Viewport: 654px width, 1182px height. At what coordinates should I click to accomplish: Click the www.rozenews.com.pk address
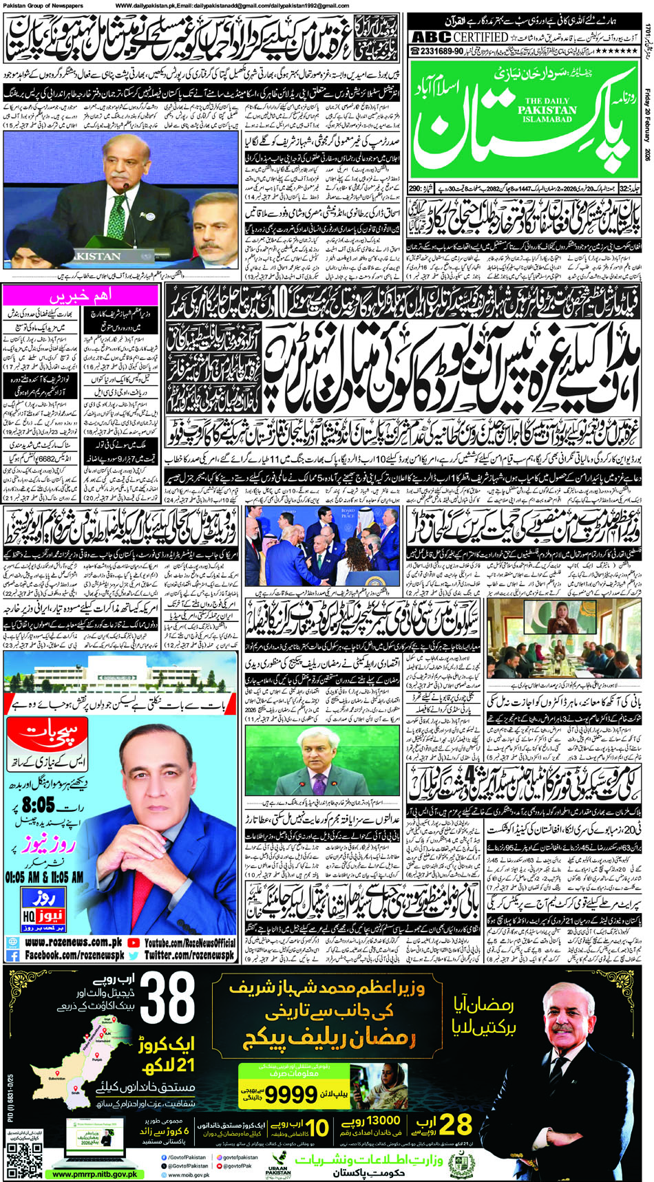[x=72, y=943]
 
